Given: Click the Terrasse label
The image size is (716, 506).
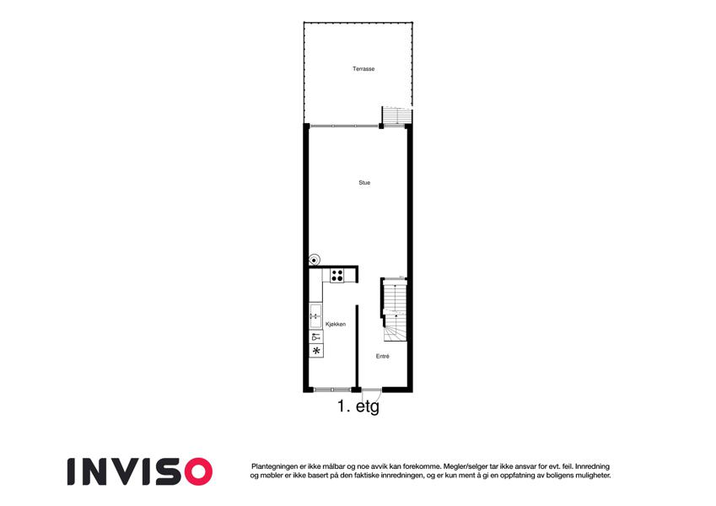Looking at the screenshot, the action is coord(363,69).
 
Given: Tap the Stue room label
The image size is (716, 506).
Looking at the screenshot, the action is coord(364,183).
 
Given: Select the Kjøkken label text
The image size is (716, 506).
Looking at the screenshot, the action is coord(336,324).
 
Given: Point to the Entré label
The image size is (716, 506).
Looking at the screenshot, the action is coord(383,356).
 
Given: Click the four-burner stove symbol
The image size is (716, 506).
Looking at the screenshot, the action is coord(337,276).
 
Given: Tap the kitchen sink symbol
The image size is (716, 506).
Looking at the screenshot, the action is coord(315,316).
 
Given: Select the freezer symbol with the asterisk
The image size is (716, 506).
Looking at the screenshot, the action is coord(315,351).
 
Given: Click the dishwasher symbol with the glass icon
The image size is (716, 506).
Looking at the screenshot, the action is coord(315,337).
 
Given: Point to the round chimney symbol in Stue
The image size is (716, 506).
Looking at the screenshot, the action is coord(315,260).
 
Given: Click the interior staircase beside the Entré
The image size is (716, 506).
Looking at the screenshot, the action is coord(394,310).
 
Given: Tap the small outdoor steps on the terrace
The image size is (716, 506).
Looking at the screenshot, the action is coord(396,116).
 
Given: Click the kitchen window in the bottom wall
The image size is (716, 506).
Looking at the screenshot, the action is coord(332,390).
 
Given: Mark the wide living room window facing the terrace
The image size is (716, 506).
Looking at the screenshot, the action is coord(344,126).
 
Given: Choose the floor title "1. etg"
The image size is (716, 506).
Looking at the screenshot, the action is coord(358,406).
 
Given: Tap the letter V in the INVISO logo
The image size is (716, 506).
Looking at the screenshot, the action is coord(127,471).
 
